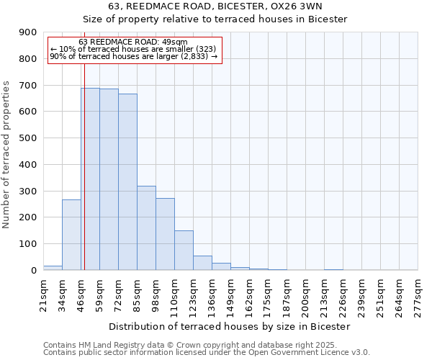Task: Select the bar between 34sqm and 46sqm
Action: click(x=71, y=235)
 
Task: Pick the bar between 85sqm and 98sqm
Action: click(x=146, y=228)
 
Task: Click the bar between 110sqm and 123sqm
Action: click(x=184, y=250)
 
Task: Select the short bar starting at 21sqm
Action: click(x=53, y=268)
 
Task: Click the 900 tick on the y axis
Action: click(x=28, y=32)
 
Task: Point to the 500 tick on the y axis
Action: click(x=28, y=138)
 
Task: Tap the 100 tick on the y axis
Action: click(x=28, y=244)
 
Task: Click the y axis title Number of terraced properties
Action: click(x=7, y=155)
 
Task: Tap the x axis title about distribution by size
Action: click(x=230, y=326)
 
